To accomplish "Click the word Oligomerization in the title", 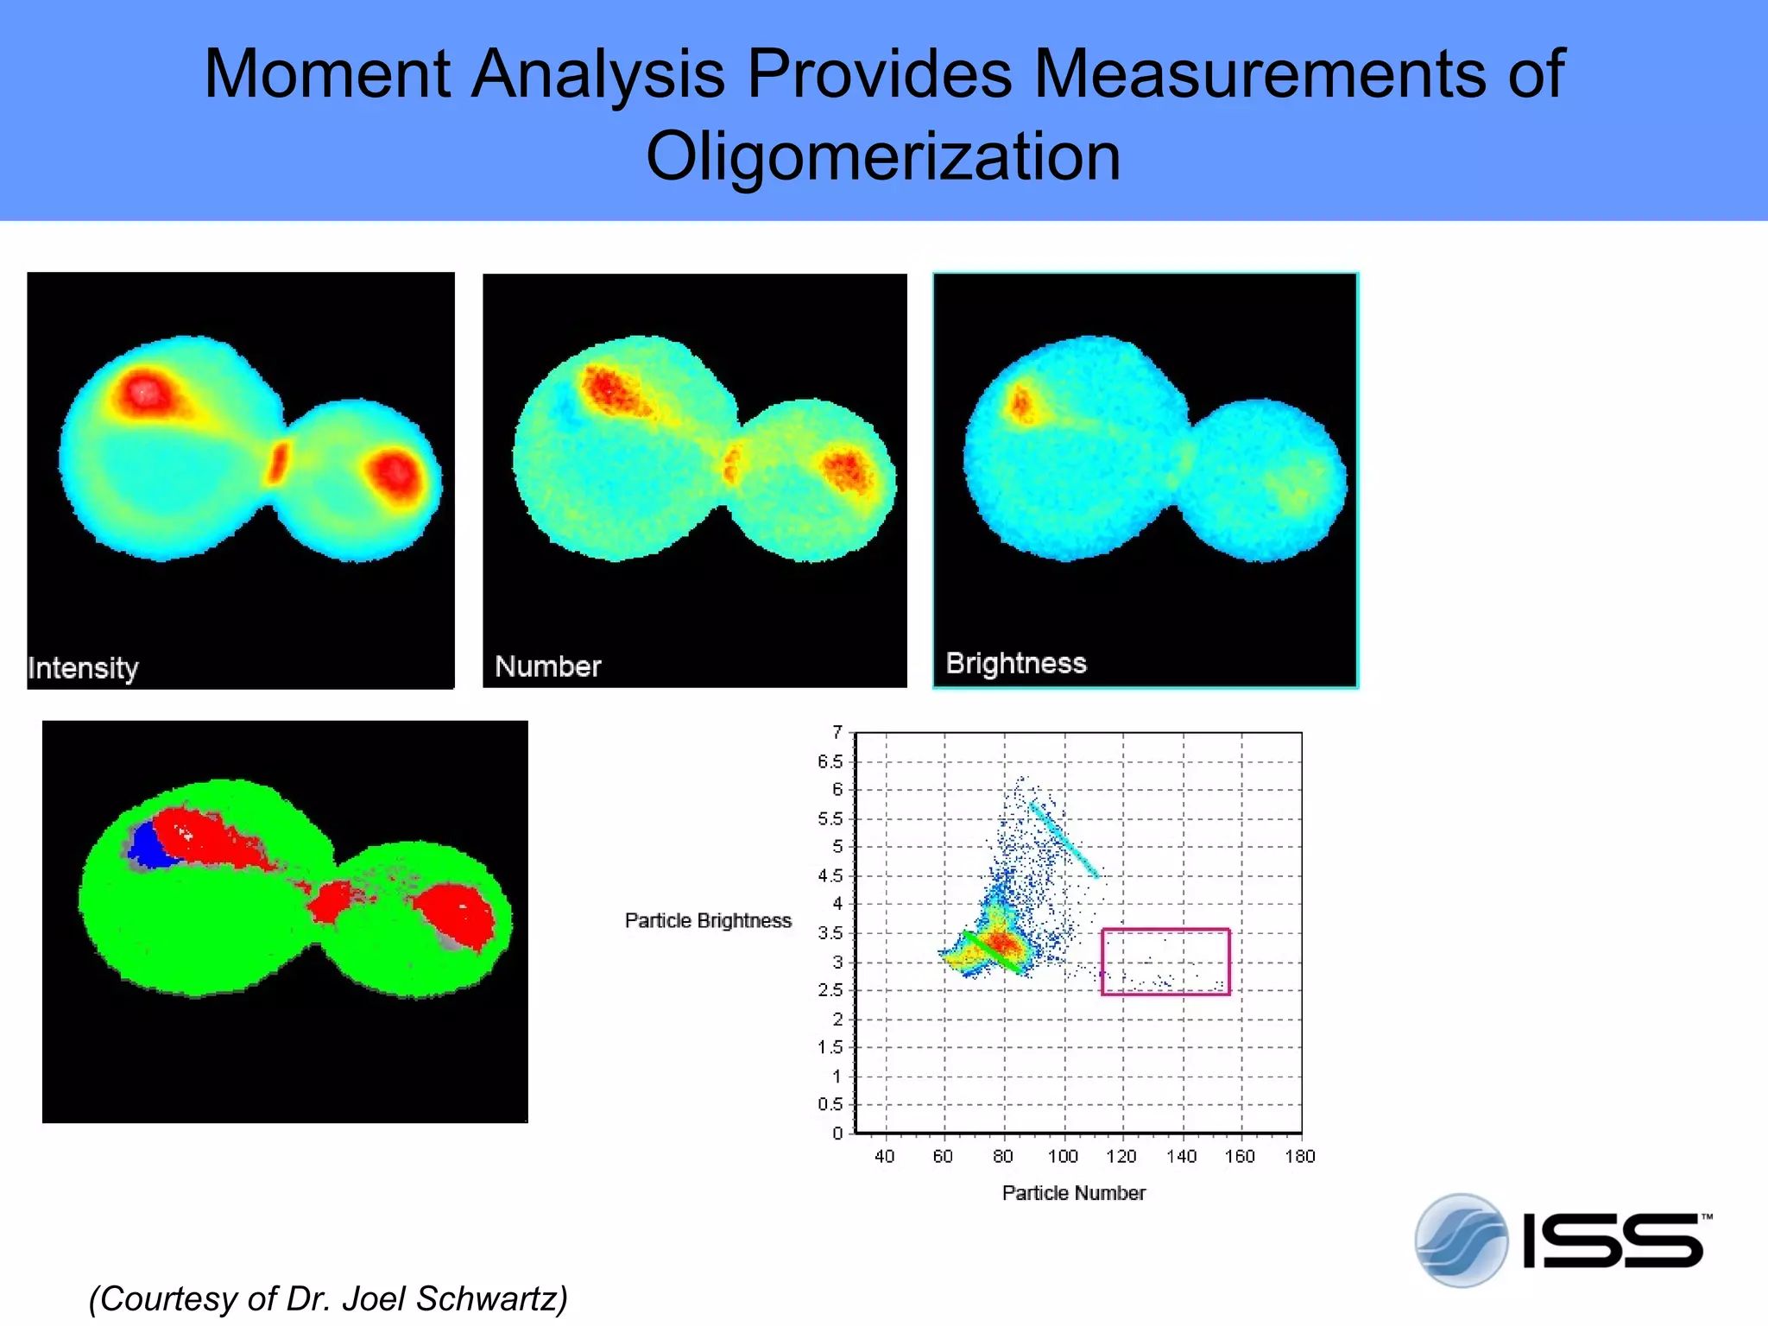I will [883, 157].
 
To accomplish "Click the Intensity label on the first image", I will [83, 668].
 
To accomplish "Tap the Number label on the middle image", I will [547, 666].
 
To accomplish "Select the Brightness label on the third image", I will [1015, 663].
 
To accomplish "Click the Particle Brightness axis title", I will [708, 921].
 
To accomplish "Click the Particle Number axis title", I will [1073, 1193].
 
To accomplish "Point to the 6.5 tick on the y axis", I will [830, 761].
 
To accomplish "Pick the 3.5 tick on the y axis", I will [830, 933].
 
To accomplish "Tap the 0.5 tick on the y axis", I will [830, 1104].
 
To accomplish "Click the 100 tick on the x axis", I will [1063, 1157].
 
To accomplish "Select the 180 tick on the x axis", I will [1299, 1157].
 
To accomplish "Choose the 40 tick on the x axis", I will [884, 1157].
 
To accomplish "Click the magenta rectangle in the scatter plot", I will [1165, 931].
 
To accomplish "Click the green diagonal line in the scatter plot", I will [994, 952].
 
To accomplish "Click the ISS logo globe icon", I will [1461, 1241].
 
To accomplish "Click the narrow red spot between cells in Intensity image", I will [277, 463].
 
